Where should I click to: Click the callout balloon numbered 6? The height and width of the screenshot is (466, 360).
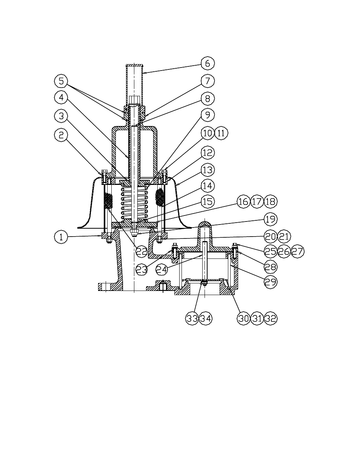(x=207, y=63)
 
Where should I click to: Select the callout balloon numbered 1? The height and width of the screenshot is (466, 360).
(x=61, y=237)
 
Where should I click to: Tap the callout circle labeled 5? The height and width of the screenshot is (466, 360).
(x=61, y=81)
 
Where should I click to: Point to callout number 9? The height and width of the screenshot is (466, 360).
(x=207, y=115)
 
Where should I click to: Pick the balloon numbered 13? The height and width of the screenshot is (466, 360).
(x=207, y=170)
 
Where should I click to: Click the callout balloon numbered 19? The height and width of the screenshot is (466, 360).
(x=270, y=219)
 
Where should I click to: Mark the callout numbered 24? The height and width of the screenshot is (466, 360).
(x=163, y=269)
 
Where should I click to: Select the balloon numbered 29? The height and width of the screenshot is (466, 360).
(x=270, y=281)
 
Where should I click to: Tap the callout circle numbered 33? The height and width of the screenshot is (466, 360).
(x=192, y=318)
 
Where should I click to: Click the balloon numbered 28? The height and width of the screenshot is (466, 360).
(x=270, y=267)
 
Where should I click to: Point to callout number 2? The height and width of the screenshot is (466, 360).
(x=61, y=135)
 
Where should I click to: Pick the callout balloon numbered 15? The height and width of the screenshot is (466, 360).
(x=207, y=201)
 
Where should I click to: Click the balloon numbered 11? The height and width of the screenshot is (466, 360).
(x=222, y=133)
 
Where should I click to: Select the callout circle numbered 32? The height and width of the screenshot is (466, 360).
(x=270, y=318)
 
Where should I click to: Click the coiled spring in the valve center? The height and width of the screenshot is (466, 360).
(x=134, y=204)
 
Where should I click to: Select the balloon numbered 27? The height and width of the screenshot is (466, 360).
(x=297, y=251)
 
